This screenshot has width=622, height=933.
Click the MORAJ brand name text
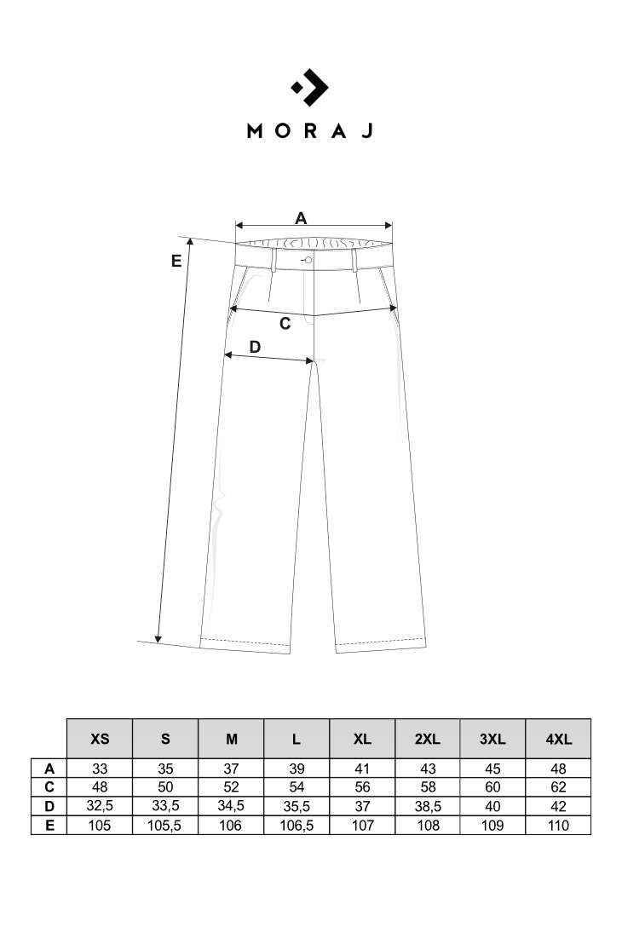pos(310,130)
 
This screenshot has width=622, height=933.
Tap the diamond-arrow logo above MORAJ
pos(311,86)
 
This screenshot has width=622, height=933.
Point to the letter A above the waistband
pos(301,218)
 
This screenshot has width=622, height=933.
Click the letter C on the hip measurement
pos(285,324)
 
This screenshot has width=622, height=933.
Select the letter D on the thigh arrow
pos(254,347)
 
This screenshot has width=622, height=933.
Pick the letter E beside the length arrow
pos(176,261)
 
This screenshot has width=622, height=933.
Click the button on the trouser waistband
pos(308,259)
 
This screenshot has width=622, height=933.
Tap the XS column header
pos(100,739)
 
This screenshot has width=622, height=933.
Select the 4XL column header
pos(559,739)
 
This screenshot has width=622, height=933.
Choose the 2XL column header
pos(427,739)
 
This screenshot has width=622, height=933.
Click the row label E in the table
pos(49,825)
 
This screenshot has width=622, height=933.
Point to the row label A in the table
pos(49,769)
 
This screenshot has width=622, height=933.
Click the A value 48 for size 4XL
pos(559,769)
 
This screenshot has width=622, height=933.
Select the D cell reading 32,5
pos(100,806)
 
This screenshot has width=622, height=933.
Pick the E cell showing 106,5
pos(297,825)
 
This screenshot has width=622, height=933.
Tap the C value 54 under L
pos(297,787)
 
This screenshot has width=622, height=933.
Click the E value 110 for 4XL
pos(559,825)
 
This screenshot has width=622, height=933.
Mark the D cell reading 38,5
pos(427,806)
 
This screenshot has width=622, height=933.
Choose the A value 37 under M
pos(231,769)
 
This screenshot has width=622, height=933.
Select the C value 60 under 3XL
pos(493,787)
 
